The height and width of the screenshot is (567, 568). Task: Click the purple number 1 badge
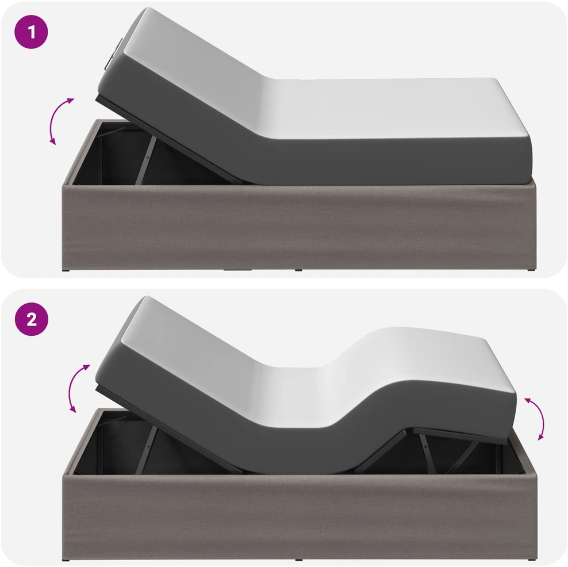(x=31, y=32)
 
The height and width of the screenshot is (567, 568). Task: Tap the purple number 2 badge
(x=32, y=319)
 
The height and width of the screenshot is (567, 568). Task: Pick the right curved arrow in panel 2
(x=539, y=417)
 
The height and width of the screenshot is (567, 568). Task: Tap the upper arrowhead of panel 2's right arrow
(x=528, y=400)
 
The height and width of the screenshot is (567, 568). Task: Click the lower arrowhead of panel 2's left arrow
(x=73, y=409)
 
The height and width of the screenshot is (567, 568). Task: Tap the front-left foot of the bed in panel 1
(x=66, y=270)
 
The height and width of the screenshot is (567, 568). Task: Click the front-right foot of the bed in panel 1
(x=531, y=270)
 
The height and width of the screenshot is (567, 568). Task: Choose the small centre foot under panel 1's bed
(x=298, y=270)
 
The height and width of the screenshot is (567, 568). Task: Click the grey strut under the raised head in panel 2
(x=147, y=449)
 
